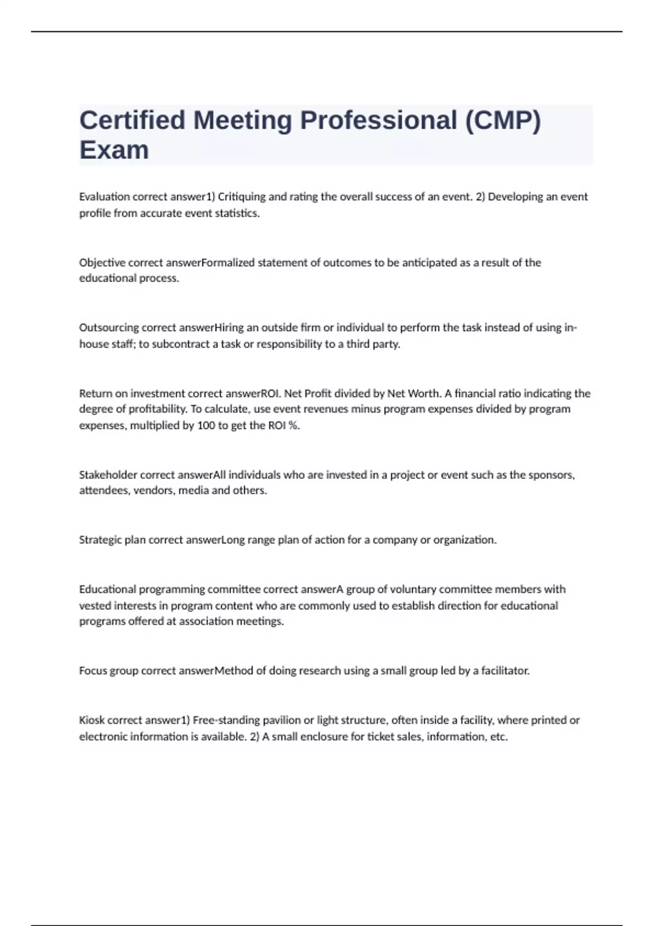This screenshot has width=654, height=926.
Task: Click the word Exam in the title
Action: pos(114,150)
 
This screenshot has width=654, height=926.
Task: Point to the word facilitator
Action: pos(505,671)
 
